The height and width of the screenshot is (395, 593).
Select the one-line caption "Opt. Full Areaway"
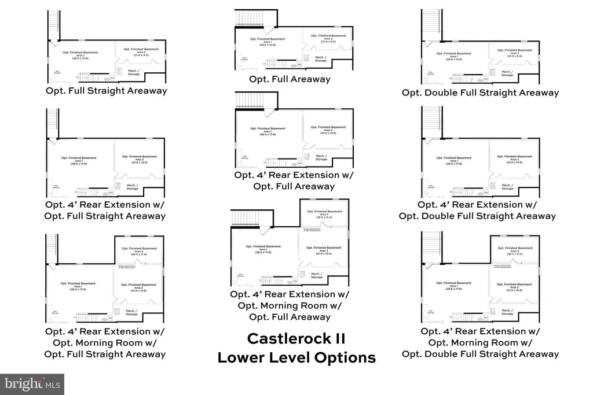coord(290,79)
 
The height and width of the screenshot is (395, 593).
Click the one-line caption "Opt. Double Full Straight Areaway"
coord(480,93)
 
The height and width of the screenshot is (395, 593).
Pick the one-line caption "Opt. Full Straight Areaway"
coord(106,91)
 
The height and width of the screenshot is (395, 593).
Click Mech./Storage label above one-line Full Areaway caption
coord(321,58)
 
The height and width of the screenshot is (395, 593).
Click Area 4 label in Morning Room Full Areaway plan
coord(324,215)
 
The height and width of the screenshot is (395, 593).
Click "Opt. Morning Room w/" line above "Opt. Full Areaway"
coord(290,305)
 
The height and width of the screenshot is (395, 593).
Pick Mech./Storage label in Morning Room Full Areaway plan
coord(317,275)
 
